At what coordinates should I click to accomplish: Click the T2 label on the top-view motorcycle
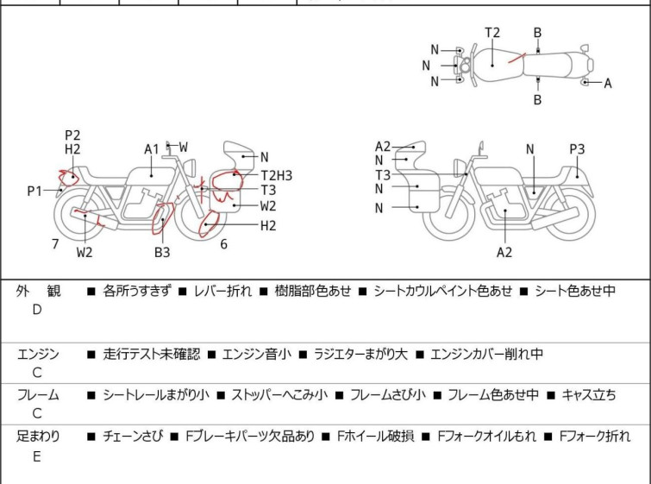click(492, 33)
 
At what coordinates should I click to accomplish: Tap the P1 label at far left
click(34, 191)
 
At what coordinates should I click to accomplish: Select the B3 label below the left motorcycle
click(162, 252)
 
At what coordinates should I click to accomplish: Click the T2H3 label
click(277, 175)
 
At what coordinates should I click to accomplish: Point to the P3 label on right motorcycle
click(577, 149)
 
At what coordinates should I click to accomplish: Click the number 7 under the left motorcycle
click(55, 244)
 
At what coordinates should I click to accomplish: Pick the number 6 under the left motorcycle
click(223, 244)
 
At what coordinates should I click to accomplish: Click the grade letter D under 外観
click(37, 310)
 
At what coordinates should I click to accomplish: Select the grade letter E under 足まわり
click(37, 456)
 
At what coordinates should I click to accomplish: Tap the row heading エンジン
click(38, 354)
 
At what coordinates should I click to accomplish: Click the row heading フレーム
click(38, 395)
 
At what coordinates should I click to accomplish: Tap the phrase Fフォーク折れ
click(594, 437)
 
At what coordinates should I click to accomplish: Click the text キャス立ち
click(589, 395)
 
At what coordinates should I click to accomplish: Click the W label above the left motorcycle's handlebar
click(183, 148)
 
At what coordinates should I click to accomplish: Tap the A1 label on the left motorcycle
click(152, 149)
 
